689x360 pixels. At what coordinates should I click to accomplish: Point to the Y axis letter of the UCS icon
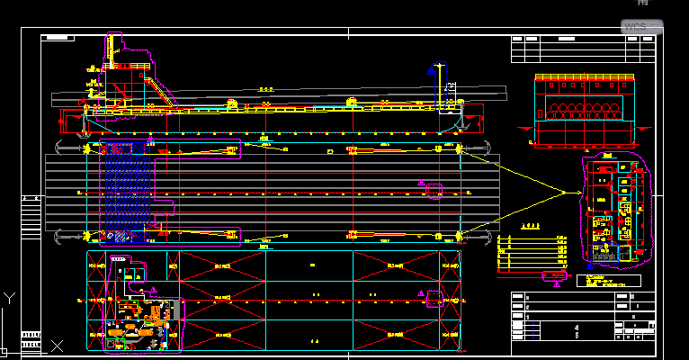(7, 296)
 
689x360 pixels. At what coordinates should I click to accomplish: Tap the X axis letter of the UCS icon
(57, 346)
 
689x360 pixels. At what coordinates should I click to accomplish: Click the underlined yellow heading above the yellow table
(532, 226)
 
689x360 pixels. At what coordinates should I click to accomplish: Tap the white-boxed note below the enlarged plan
(607, 281)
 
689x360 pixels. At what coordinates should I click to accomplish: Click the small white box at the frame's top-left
(58, 38)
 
